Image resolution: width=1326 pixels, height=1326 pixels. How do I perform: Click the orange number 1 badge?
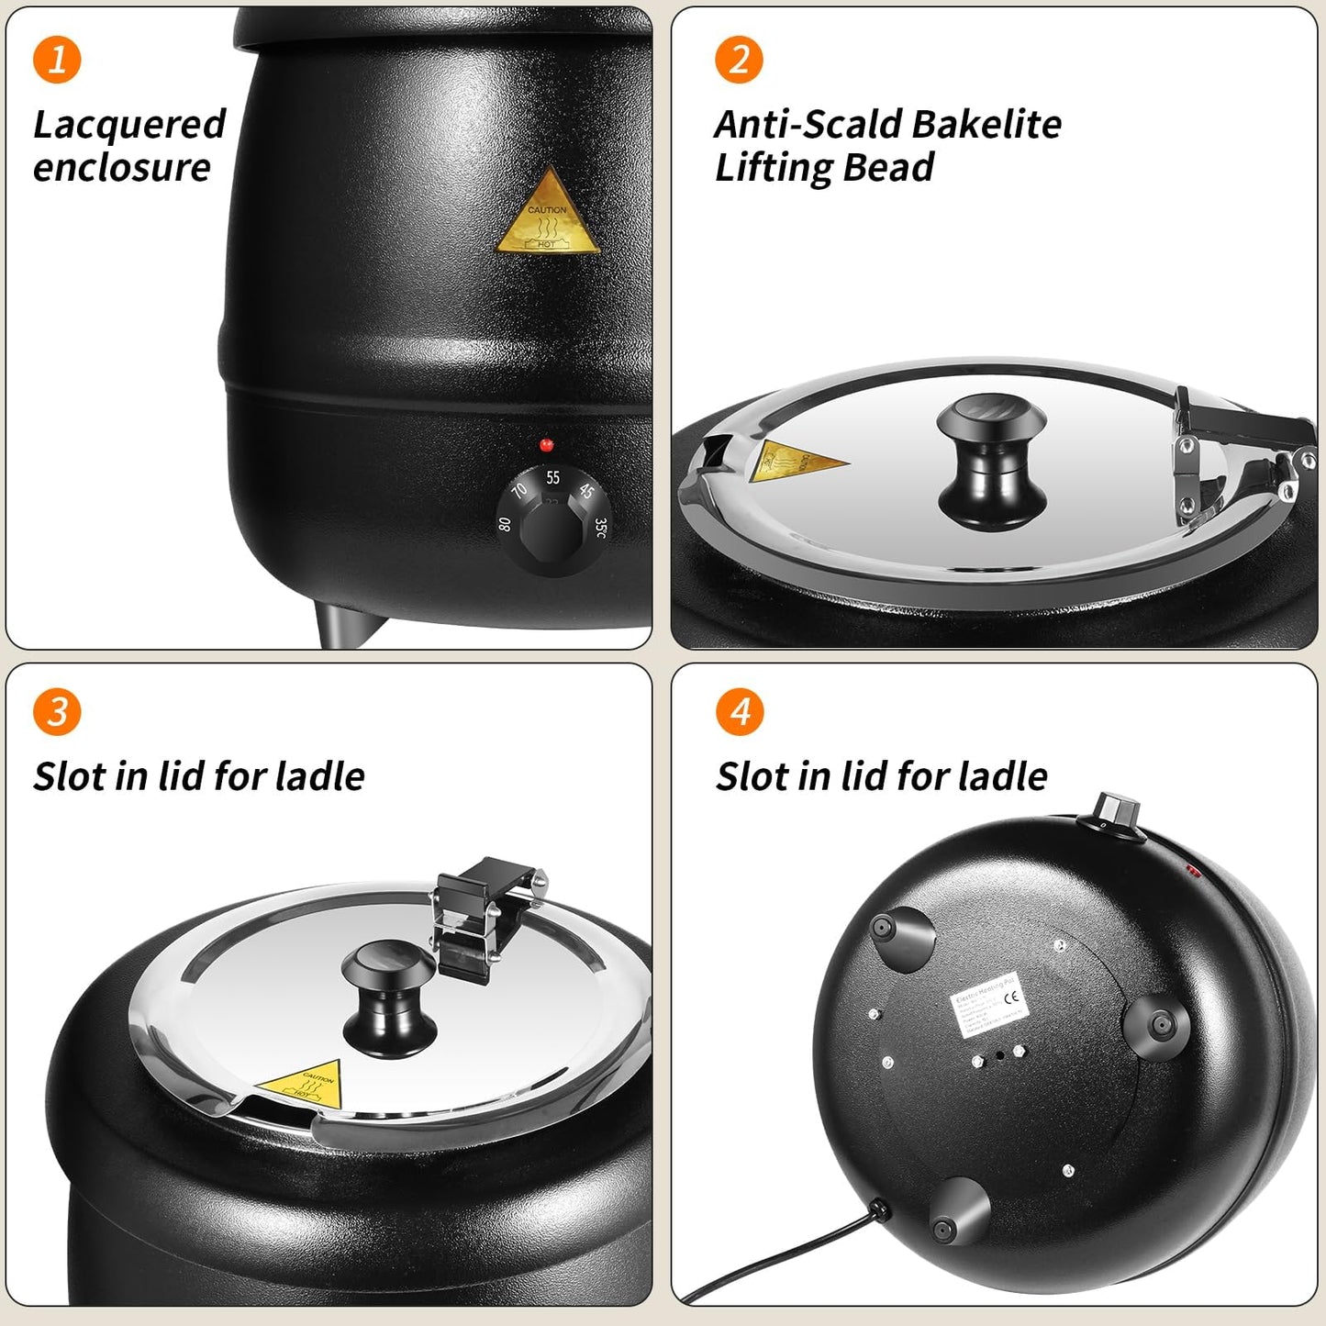pos(57,60)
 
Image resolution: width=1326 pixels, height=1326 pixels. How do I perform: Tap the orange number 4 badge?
pos(739,712)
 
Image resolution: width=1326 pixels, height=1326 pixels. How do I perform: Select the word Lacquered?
pos(129,125)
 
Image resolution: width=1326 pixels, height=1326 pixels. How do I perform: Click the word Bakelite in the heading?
pos(986,125)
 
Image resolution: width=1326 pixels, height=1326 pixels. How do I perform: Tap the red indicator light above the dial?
pos(546,445)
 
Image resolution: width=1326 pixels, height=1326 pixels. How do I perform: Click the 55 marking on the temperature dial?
pos(552,477)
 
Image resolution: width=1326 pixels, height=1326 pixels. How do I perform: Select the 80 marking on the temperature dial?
pos(504,524)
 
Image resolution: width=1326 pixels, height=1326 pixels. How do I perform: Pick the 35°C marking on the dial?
pos(600,529)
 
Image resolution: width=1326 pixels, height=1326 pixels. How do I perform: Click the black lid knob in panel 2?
pos(991,463)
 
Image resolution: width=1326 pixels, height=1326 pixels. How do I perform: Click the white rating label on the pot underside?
pos(988,1006)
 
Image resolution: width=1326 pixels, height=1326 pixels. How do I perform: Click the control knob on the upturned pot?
pos(1117,811)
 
